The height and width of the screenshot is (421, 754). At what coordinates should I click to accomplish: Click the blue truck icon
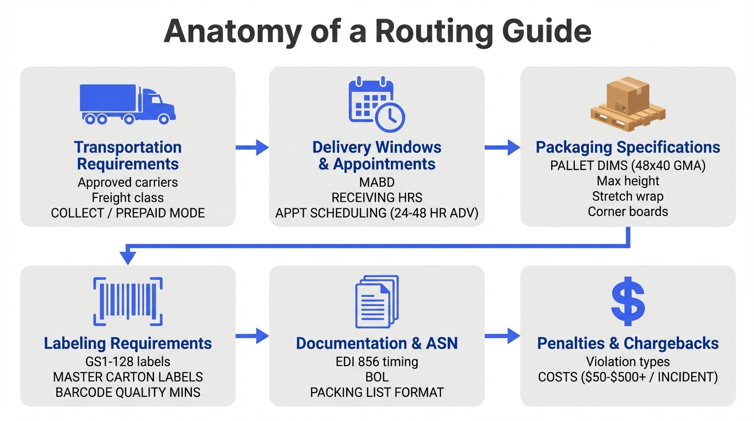(x=128, y=104)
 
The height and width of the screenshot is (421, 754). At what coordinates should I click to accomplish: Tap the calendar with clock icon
(x=376, y=105)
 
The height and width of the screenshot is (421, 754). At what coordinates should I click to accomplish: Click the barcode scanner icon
(x=128, y=301)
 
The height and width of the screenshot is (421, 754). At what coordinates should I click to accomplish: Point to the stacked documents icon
(x=376, y=301)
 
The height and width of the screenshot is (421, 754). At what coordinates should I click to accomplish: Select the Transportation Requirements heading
(x=128, y=156)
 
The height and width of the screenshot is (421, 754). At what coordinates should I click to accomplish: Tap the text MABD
(x=376, y=182)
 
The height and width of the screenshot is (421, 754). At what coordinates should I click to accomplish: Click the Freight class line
(x=128, y=197)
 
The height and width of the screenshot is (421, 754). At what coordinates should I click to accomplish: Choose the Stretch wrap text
(x=628, y=196)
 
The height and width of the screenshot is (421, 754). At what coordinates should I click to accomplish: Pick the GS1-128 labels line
(x=128, y=362)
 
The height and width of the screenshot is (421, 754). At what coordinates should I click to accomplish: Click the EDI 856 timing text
(x=376, y=362)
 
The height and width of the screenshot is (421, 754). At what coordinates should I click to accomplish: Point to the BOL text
(x=376, y=377)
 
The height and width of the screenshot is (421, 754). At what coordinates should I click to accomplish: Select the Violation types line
(x=628, y=362)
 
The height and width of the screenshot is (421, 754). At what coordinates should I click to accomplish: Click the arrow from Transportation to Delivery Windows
(x=253, y=147)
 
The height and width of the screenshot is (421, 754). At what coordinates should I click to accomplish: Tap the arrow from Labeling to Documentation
(x=253, y=336)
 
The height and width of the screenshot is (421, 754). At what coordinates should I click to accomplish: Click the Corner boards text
(x=628, y=212)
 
